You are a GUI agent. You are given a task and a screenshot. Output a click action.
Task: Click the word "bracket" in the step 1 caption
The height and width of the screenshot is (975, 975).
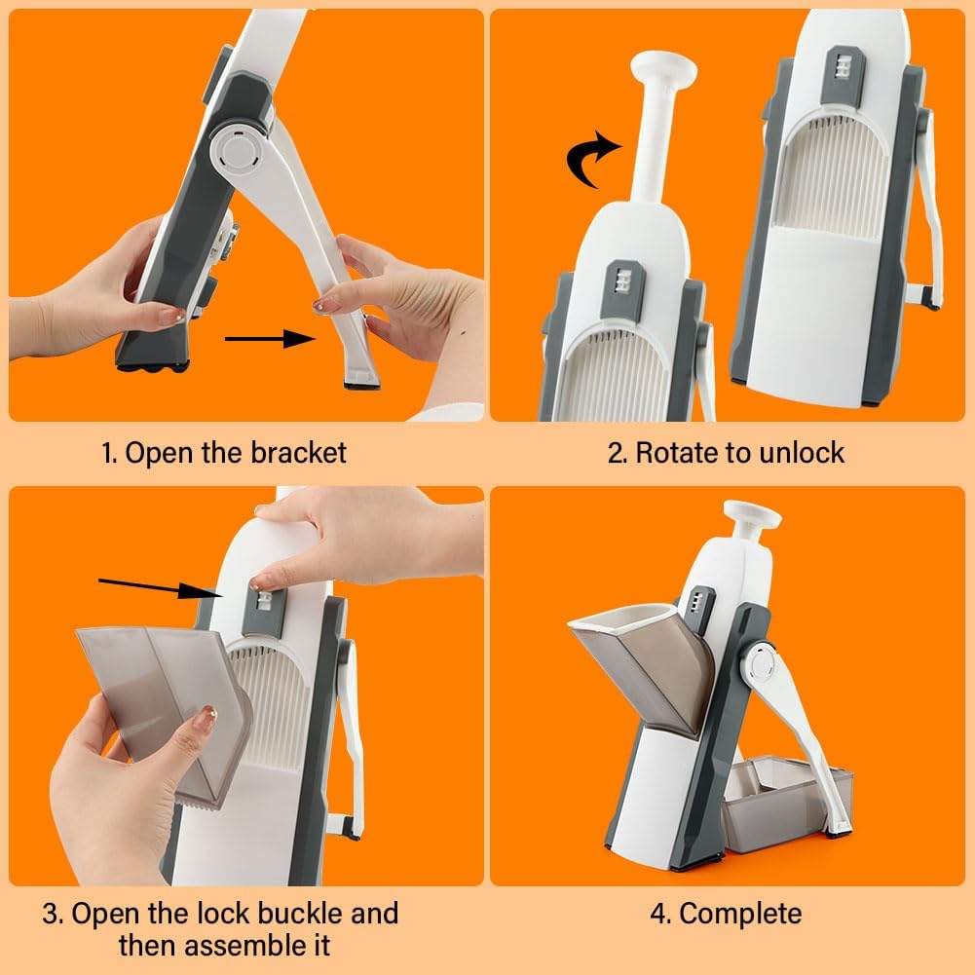pyautogui.click(x=298, y=452)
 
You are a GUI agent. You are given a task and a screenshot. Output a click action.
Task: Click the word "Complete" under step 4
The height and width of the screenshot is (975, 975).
pyautogui.click(x=740, y=914)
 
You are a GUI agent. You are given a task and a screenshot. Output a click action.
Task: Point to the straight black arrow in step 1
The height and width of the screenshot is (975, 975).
pyautogui.click(x=271, y=339)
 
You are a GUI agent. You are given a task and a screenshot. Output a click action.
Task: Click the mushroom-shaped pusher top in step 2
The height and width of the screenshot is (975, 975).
pyautogui.click(x=663, y=65)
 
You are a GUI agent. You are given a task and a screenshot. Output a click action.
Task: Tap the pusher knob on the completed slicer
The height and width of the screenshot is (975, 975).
pyautogui.click(x=752, y=514)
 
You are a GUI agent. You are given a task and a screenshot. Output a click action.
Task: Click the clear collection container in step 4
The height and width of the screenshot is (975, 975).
pyautogui.click(x=785, y=805)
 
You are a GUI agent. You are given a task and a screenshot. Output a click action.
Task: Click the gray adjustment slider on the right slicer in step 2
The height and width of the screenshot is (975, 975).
pyautogui.click(x=842, y=76)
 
